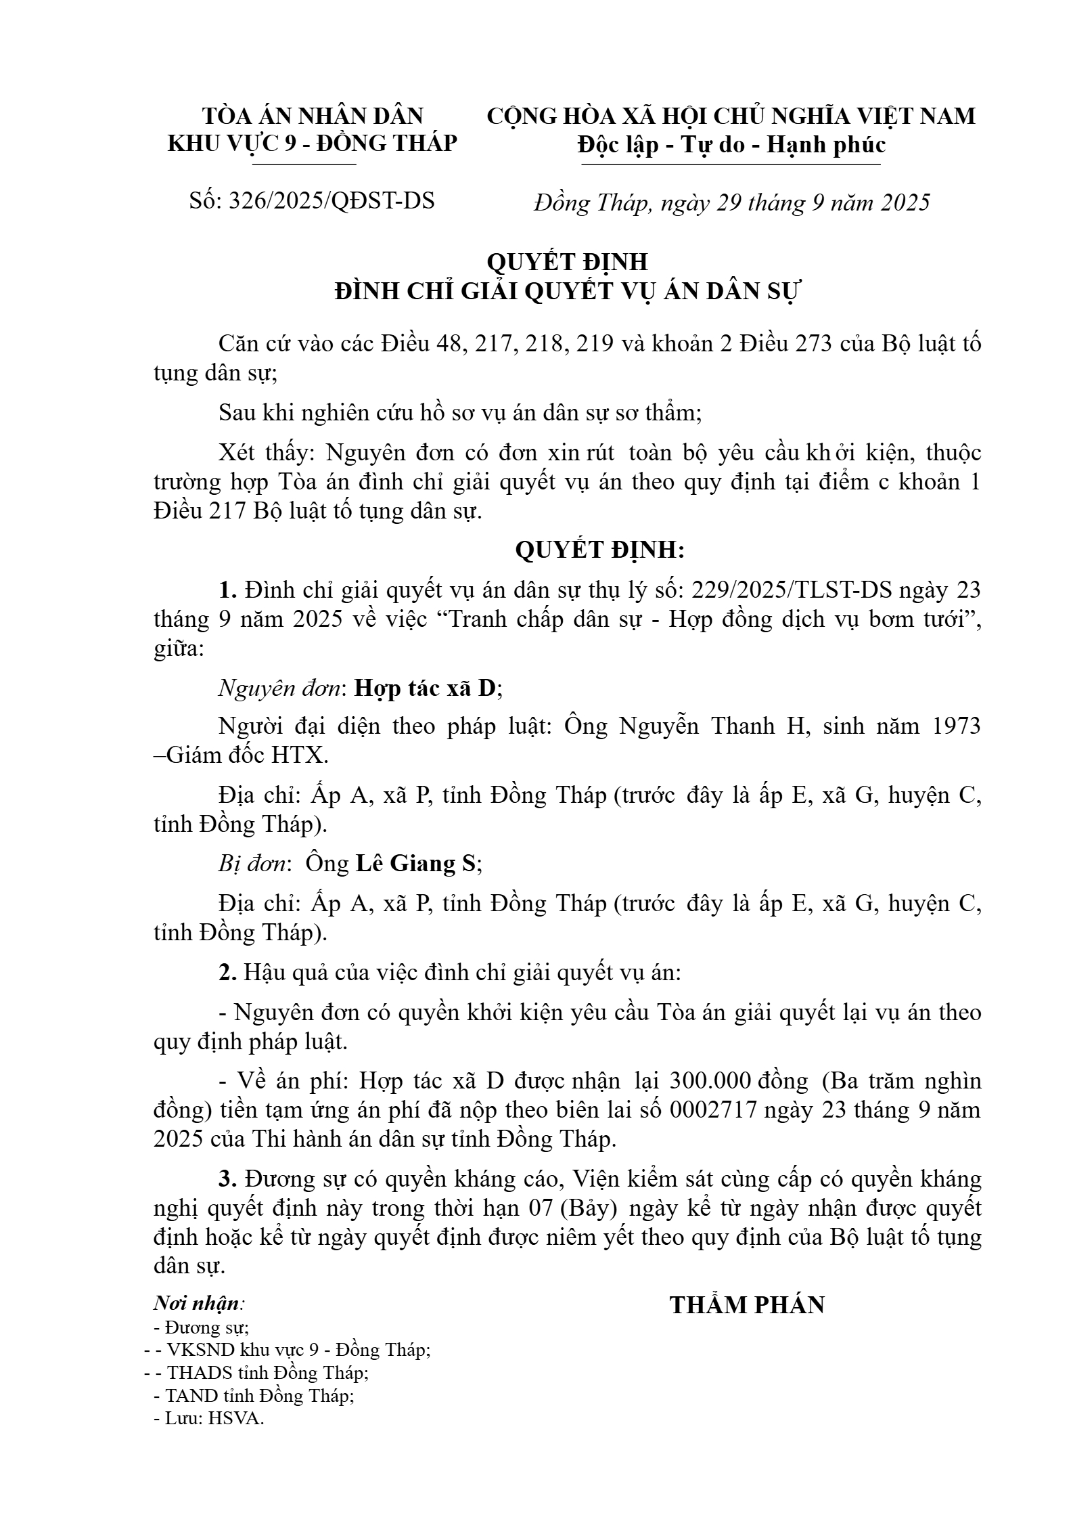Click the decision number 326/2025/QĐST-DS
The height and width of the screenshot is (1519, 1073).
332,201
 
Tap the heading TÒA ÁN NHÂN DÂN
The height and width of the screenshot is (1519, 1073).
313,116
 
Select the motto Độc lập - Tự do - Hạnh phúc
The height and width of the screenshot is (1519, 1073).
731,145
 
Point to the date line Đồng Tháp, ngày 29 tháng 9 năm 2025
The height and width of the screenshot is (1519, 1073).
731,202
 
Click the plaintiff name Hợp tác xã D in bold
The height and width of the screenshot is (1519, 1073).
427,688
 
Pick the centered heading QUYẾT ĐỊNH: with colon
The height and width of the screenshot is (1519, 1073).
600,550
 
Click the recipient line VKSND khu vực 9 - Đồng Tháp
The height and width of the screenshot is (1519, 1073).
298,1350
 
